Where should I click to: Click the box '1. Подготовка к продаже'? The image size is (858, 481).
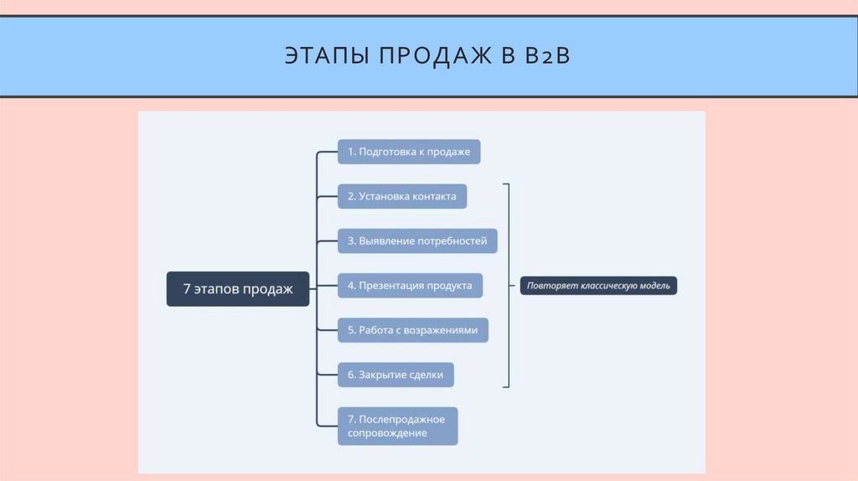point(409,152)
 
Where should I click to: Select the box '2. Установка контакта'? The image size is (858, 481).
point(402,197)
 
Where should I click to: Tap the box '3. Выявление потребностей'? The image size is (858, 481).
point(417,241)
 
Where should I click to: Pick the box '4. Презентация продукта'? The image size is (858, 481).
point(410,286)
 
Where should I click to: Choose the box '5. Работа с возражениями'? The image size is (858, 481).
point(412,330)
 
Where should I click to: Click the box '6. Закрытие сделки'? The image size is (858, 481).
point(395,375)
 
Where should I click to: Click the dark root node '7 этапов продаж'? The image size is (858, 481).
point(238,289)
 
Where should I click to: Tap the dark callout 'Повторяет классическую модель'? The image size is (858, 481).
point(598,286)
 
